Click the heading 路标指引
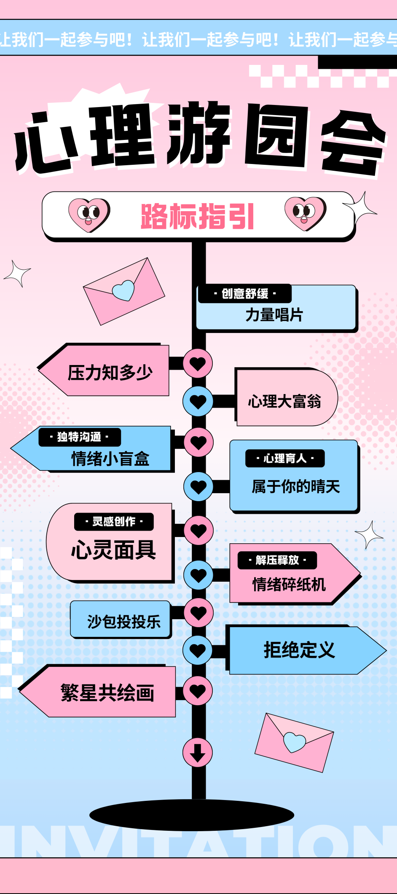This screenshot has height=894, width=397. coord(197,216)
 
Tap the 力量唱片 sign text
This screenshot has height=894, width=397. coord(274,315)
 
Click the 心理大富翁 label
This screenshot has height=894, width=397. coord(284,401)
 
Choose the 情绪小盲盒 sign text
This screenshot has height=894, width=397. coord(110,459)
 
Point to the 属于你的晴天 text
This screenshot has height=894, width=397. coord(295,487)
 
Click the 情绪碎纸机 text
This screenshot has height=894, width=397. coord(289,585)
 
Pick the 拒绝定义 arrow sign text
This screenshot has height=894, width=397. coord(299,650)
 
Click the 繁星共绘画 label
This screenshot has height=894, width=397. coord(107,693)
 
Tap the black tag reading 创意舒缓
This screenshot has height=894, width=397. coord(245,294)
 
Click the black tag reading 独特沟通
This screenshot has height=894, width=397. coord(79,437)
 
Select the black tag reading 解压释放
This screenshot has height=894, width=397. coord(277,560)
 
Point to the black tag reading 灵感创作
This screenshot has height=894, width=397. coord(114,522)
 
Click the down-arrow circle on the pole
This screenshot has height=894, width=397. coord(198,752)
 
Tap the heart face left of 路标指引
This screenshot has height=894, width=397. coord(89,214)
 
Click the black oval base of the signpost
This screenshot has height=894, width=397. coord(192,814)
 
